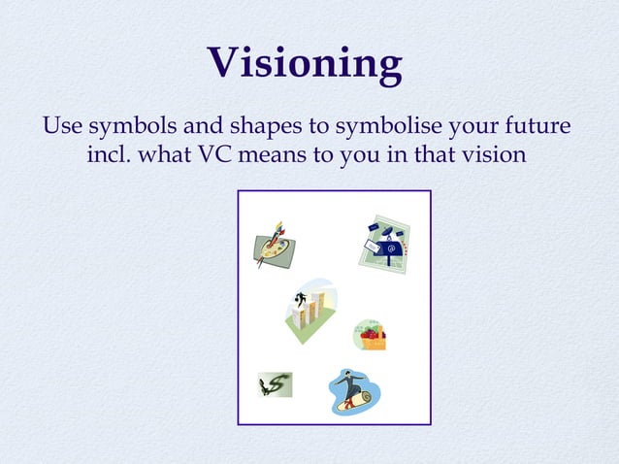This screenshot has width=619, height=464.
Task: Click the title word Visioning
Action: click(x=306, y=63)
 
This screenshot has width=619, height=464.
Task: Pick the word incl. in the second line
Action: click(x=109, y=155)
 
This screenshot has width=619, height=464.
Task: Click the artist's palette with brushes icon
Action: click(x=275, y=244)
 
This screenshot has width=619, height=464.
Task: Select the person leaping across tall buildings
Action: click(x=309, y=310)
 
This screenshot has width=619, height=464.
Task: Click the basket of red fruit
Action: click(x=370, y=335)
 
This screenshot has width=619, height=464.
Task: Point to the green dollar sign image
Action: click(x=275, y=385)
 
